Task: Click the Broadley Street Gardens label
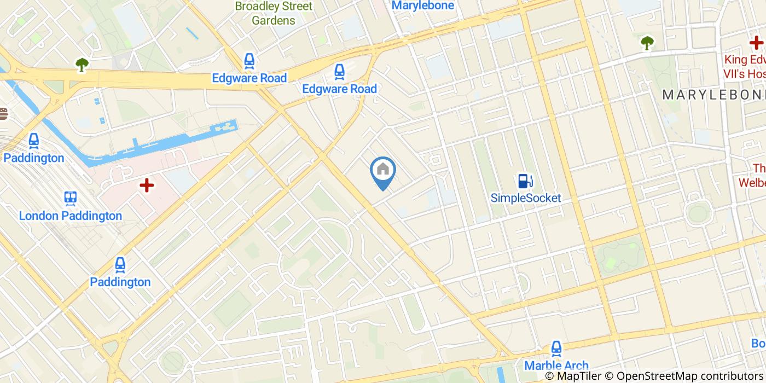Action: pos(274,14)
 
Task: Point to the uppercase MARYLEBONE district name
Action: pos(713,95)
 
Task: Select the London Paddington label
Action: pos(71,216)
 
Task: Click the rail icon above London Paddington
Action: pos(71,198)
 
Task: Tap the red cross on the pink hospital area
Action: pos(146,185)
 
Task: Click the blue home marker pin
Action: pos(383,171)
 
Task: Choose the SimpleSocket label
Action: pos(525,198)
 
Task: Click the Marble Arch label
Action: pos(556,365)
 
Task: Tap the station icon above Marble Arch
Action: pos(556,348)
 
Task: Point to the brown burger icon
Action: pos(3,114)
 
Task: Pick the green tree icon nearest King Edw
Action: pos(647,42)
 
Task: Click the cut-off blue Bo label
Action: pos(758,344)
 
